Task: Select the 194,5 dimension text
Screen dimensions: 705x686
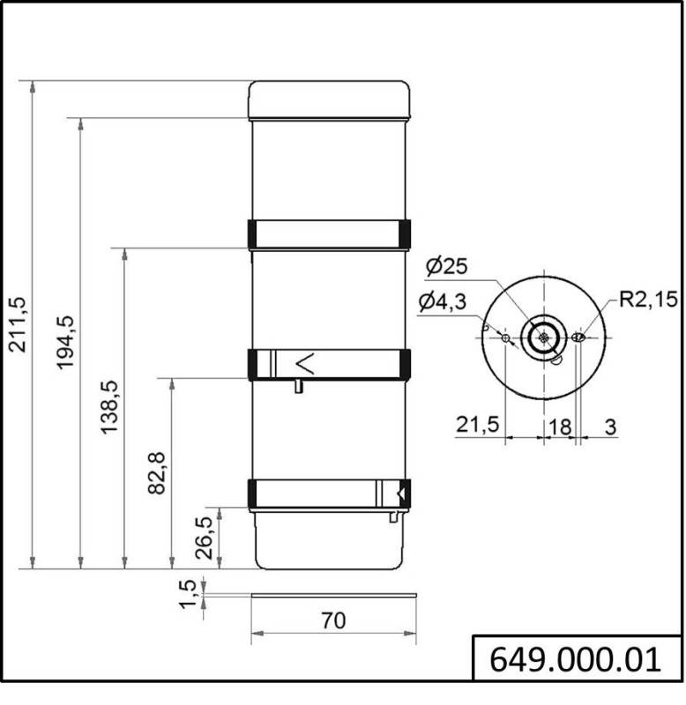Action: pos(67,343)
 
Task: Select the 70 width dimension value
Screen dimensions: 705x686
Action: pos(332,620)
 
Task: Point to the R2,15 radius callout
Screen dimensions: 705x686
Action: pos(647,300)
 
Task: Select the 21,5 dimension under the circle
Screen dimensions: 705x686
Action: pos(478,425)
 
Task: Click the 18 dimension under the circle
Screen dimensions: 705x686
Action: pos(559,425)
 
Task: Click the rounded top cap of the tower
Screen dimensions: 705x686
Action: pos(329,100)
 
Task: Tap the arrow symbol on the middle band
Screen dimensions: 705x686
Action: pos(303,361)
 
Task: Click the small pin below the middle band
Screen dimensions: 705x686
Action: pos(299,386)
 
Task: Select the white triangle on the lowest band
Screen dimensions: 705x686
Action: pos(402,493)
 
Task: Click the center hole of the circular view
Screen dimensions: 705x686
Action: pos(544,336)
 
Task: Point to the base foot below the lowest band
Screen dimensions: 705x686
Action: pos(329,539)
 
